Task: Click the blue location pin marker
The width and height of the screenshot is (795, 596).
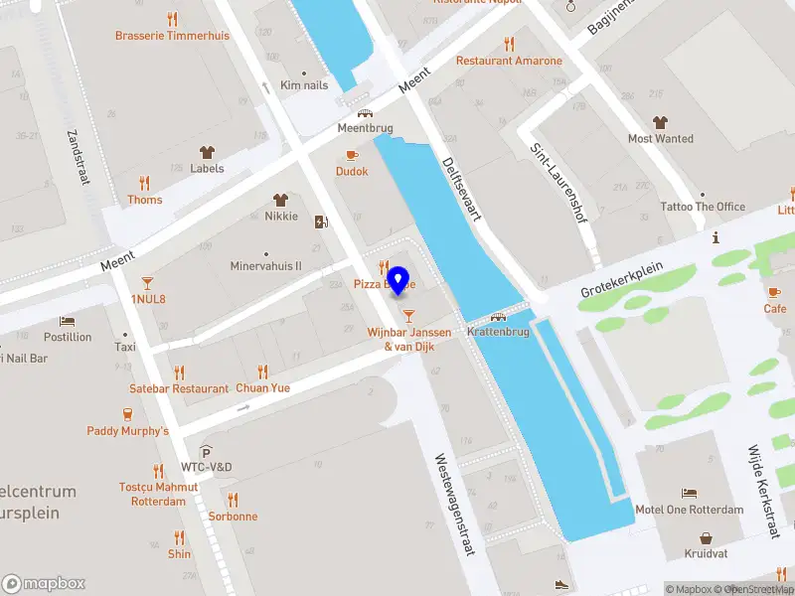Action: pos(398,281)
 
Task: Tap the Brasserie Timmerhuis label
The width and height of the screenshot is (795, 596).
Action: pos(172,35)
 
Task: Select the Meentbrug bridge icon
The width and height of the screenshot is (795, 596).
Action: pos(365,113)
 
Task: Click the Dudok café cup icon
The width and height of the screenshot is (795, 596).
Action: pos(352,155)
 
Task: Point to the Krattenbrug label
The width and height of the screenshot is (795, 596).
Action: pos(497,332)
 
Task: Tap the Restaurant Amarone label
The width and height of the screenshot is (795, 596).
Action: pos(509,61)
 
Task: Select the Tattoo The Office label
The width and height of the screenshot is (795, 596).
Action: pos(703,207)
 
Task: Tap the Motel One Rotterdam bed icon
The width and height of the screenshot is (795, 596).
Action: pos(689,494)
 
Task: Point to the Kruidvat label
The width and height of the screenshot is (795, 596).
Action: pos(706,553)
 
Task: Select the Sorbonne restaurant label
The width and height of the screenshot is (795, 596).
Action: pos(233,517)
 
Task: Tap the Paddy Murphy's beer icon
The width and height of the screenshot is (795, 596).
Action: pos(127,414)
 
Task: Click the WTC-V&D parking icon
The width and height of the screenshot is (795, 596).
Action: pos(207,451)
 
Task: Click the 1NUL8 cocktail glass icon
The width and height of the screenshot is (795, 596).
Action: pos(148,282)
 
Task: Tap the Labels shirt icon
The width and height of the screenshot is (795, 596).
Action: pos(207,153)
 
